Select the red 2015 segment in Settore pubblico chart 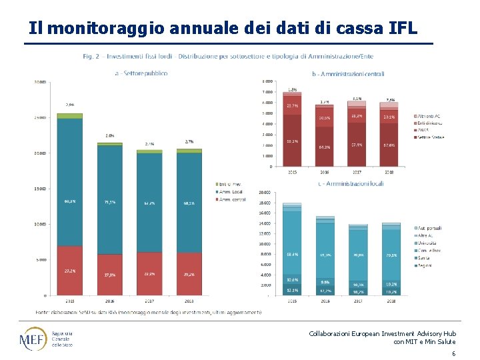point(69,270)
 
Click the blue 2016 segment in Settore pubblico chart point(110,200)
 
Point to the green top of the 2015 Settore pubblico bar point(69,116)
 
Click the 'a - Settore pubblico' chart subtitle point(141,73)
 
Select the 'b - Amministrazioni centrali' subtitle point(347,73)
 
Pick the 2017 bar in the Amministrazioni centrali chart point(357,133)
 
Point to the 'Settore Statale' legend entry point(429,137)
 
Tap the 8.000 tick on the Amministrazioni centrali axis point(267,81)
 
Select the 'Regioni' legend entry point(426,265)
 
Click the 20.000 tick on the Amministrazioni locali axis point(265,192)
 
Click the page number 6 point(453,353)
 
